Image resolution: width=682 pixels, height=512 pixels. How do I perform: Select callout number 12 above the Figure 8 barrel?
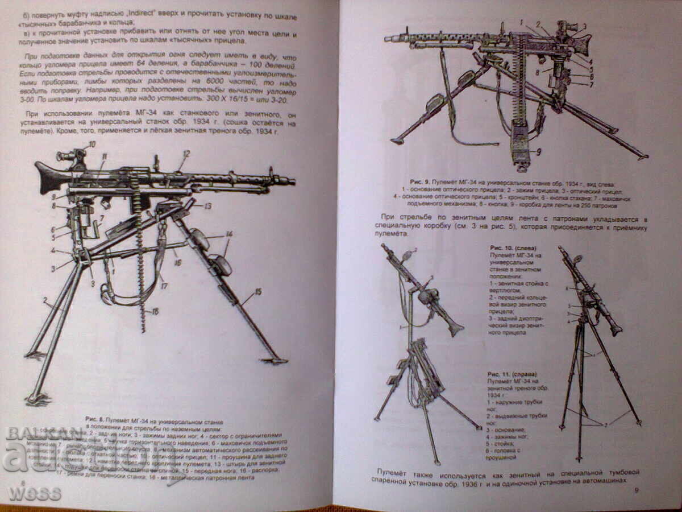pyautogui.click(x=185, y=154)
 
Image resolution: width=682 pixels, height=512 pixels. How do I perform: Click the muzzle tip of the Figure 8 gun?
pyautogui.click(x=292, y=181)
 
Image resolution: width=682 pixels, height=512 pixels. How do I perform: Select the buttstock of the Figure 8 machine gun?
pyautogui.click(x=48, y=176)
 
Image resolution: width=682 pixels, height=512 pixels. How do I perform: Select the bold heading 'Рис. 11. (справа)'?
pyautogui.click(x=511, y=374)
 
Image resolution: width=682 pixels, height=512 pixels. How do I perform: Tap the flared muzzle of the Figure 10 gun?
pyautogui.click(x=455, y=328)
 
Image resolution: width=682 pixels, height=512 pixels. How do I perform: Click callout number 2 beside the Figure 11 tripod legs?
pyautogui.click(x=605, y=424)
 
